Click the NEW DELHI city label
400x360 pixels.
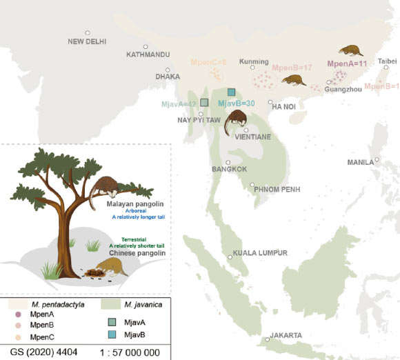click(87, 41)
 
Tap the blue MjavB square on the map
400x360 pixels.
click(232, 92)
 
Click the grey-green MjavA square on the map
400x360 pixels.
click(203, 103)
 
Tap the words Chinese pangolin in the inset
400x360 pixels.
click(130, 254)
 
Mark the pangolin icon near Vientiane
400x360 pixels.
click(237, 118)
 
